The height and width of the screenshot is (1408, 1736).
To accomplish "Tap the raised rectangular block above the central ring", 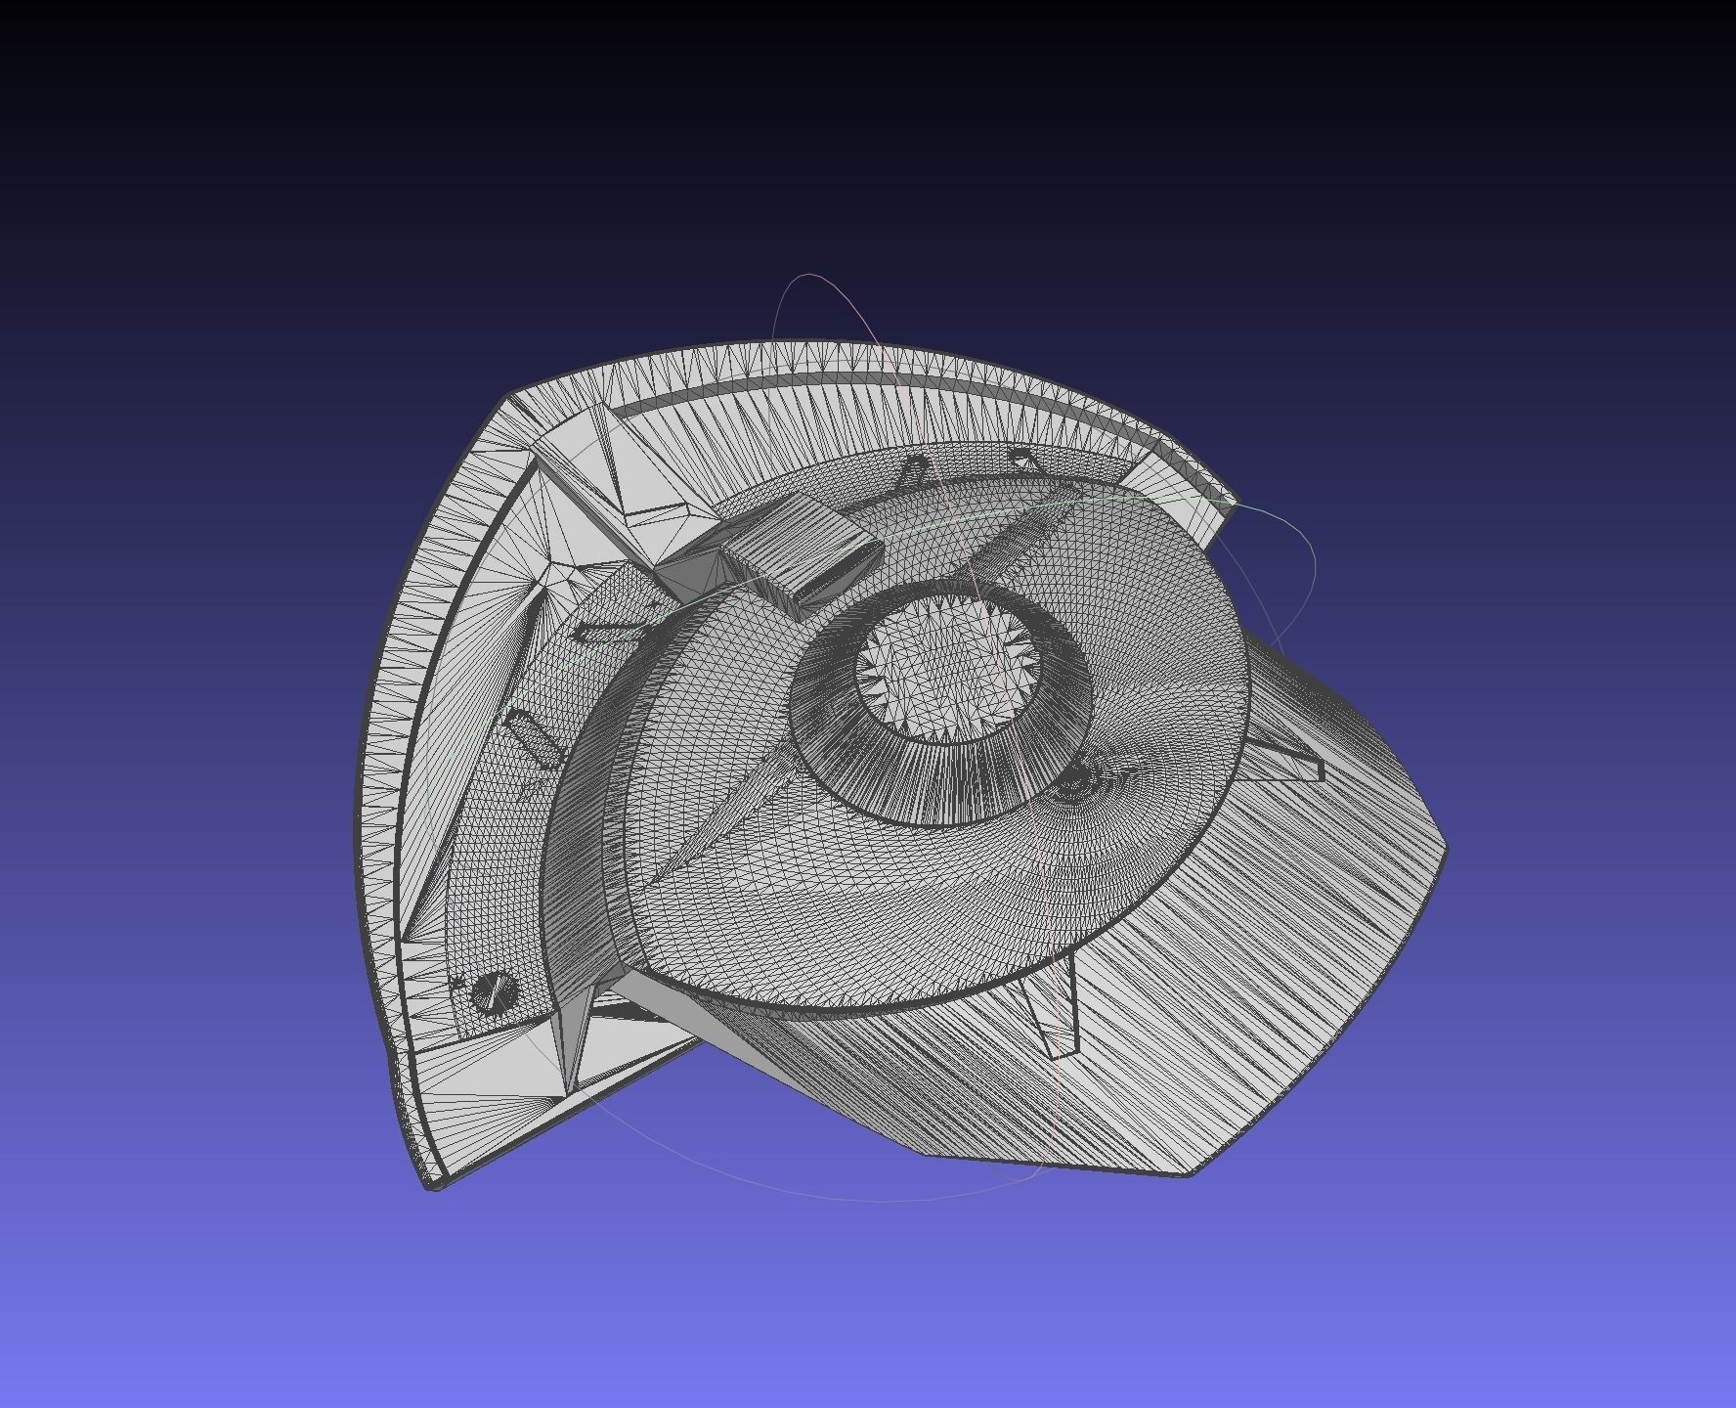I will coord(797,552).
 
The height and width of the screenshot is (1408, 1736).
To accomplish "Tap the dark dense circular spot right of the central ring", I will coord(1072,778).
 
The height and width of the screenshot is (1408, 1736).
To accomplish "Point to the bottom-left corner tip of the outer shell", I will coord(433,1184).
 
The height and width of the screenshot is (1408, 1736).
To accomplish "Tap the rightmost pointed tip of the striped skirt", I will coord(1445,849).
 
